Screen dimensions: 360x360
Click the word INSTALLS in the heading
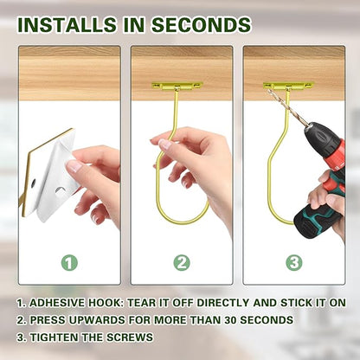(67, 24)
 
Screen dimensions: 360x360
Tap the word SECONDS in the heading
(201, 24)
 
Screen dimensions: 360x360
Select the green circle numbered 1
(69, 263)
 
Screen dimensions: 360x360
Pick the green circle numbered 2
(182, 263)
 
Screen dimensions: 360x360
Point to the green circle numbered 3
(294, 263)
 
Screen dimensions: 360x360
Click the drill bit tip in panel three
(269, 90)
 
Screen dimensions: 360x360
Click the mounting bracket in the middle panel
(177, 86)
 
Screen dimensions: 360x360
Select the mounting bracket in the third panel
(288, 86)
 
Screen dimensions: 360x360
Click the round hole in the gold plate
(33, 183)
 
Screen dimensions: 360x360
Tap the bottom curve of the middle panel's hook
(184, 222)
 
